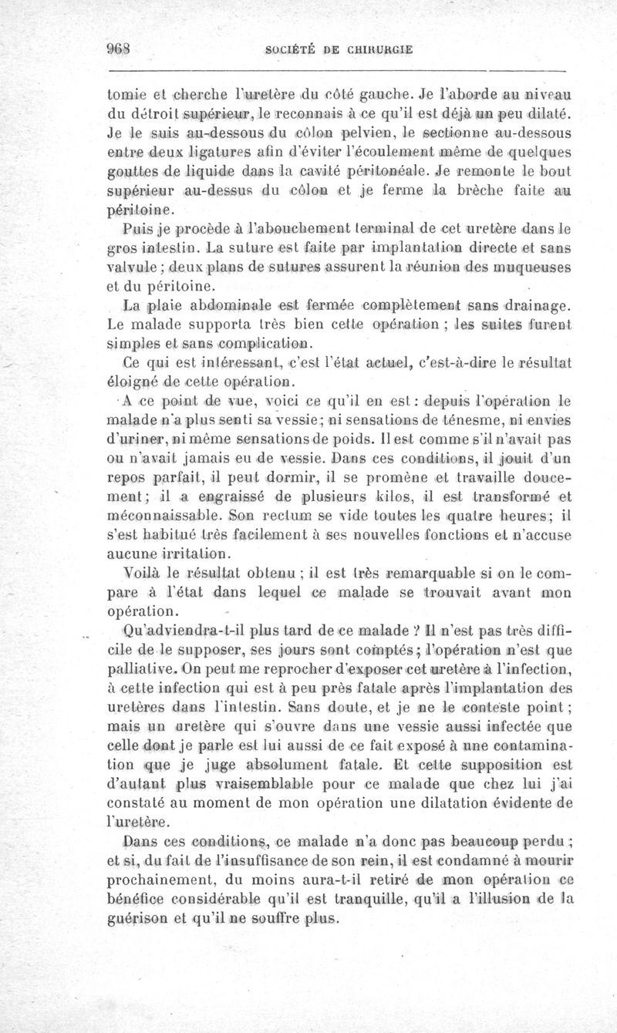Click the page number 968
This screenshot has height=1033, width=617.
[118, 51]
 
